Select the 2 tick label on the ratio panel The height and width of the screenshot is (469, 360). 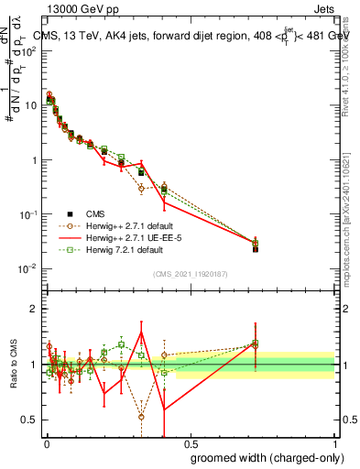click(34, 309)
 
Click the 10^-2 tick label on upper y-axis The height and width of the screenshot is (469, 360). click(28, 268)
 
